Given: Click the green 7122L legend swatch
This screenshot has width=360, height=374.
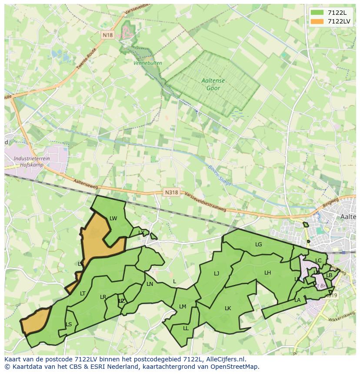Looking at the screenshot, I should (317, 13).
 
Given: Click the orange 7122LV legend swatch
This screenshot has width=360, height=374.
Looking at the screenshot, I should (317, 21).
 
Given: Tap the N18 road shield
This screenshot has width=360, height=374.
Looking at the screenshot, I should (108, 35).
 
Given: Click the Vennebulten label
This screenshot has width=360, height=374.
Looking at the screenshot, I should (148, 63).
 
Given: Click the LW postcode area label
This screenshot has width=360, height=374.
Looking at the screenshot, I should (113, 218).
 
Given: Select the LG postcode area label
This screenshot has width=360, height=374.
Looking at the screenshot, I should (259, 245).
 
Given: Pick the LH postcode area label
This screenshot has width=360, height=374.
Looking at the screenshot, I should (267, 273).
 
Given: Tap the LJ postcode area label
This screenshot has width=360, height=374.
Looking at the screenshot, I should (217, 274).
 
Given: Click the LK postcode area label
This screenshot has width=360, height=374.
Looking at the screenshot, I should (228, 308).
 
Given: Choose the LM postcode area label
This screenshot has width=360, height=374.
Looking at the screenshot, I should (183, 307).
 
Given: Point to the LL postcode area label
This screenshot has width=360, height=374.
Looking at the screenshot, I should (186, 328).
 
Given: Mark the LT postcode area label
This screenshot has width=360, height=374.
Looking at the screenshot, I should (83, 294).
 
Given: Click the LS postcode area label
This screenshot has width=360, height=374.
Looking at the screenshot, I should (69, 324).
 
